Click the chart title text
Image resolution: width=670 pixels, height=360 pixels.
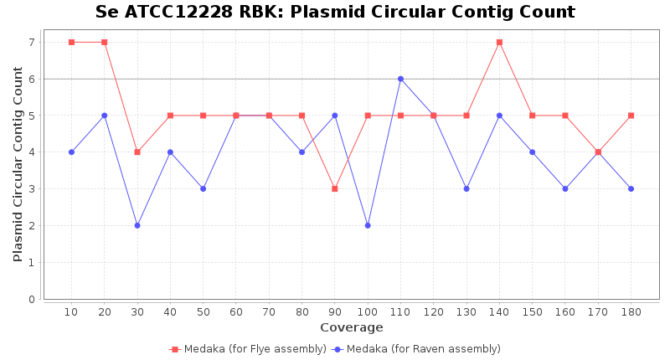[335, 13]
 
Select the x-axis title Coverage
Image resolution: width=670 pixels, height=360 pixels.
[351, 327]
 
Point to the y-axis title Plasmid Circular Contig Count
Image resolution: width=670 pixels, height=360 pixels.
[18, 164]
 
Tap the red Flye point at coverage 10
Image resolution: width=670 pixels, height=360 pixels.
[71, 42]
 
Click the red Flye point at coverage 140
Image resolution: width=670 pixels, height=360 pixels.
[499, 42]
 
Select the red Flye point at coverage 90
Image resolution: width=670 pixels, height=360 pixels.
[334, 188]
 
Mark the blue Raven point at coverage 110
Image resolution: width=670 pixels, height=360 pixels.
[400, 79]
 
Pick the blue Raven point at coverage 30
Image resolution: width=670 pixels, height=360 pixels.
[137, 225]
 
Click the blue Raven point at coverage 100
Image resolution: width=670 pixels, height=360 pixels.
[368, 225]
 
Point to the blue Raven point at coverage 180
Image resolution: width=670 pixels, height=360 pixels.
[631, 188]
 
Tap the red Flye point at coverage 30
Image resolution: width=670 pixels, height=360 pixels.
[137, 152]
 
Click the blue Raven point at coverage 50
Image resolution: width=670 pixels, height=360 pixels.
[203, 188]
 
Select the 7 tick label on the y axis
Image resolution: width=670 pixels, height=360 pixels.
[32, 42]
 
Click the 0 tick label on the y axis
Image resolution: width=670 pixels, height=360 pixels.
[32, 299]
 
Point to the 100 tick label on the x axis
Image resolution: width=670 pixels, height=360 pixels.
[368, 311]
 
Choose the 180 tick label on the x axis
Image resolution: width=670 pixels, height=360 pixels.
[631, 311]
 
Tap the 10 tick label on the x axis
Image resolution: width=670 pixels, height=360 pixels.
[71, 311]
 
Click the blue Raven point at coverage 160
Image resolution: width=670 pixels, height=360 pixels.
[565, 188]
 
